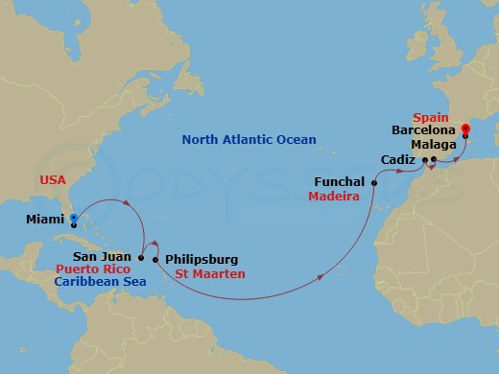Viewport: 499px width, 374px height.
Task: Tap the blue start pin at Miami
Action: pos(73,219)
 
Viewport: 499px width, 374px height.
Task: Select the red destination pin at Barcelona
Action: pos(465,128)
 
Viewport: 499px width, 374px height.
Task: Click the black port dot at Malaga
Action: pos(435,159)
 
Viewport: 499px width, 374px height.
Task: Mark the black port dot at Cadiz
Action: pos(423,159)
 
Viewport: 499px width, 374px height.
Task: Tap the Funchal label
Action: pos(340,181)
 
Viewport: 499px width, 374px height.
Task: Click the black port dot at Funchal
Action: pos(374,181)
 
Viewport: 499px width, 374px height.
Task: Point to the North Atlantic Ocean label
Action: pos(249,140)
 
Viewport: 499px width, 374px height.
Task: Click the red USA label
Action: pos(54,179)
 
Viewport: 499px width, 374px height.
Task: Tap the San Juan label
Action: pos(108,257)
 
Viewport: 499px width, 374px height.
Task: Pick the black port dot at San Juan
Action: pos(142,258)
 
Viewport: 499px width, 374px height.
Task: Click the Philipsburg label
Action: pos(202,259)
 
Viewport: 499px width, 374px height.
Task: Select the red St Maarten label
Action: pos(209,274)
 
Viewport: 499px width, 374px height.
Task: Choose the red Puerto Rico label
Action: pos(94,269)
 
